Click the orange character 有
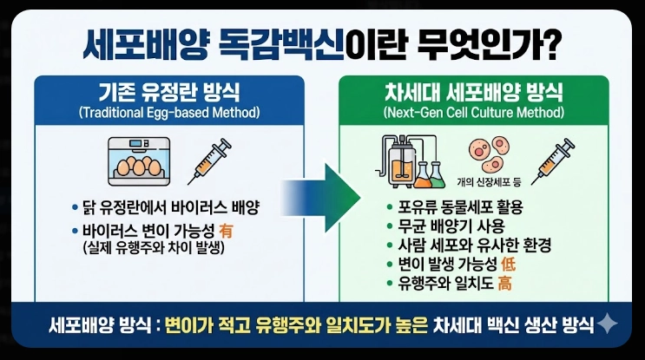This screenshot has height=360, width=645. coord(228,232)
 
